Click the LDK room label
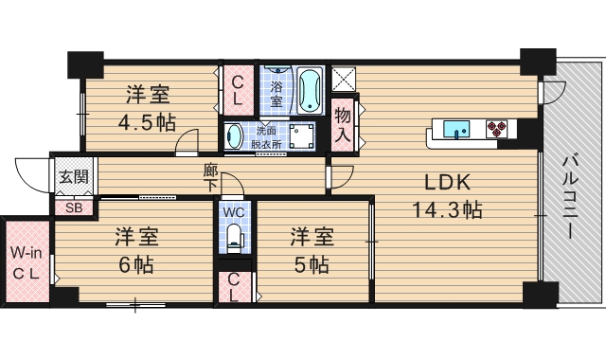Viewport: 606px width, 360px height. (440, 183)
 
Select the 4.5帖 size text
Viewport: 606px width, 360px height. (147, 122)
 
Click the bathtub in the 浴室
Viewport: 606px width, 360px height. (311, 91)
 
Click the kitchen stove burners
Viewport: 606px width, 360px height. (497, 128)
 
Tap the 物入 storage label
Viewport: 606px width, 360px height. (342, 125)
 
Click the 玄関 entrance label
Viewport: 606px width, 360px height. (73, 176)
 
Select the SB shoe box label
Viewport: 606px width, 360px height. (73, 207)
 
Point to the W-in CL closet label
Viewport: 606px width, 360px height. (26, 263)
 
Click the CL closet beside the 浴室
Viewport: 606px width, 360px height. (237, 91)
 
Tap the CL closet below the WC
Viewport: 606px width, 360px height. (234, 288)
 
